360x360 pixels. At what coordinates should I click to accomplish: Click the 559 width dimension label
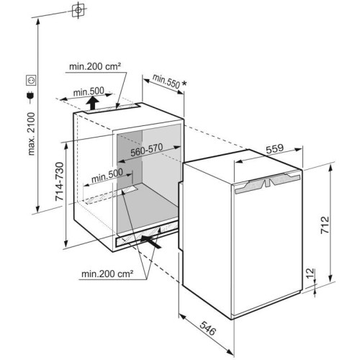(274, 149)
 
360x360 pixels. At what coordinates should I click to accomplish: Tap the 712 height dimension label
(325, 225)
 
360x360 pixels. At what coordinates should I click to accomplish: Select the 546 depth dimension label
(208, 328)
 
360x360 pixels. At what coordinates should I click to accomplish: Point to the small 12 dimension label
(310, 274)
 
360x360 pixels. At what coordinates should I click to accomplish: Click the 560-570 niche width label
(147, 150)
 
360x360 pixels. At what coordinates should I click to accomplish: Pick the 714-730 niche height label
(60, 181)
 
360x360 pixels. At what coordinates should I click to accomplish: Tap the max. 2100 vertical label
(32, 134)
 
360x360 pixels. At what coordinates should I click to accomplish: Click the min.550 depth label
(166, 81)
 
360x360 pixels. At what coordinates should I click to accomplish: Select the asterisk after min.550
(184, 84)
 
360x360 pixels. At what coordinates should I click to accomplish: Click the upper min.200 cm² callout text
(95, 66)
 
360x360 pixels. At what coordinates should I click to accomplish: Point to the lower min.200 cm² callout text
(107, 274)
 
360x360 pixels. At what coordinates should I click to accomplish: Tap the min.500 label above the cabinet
(89, 91)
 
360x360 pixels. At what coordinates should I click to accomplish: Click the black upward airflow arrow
(92, 103)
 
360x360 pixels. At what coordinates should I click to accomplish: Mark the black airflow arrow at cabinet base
(150, 241)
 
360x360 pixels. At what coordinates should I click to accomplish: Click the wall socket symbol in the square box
(31, 80)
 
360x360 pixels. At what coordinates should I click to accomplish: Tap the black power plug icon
(30, 96)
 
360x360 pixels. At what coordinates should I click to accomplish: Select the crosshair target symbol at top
(78, 10)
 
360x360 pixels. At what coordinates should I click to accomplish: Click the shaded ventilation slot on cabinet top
(113, 109)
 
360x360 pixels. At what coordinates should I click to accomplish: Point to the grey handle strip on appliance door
(268, 183)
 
